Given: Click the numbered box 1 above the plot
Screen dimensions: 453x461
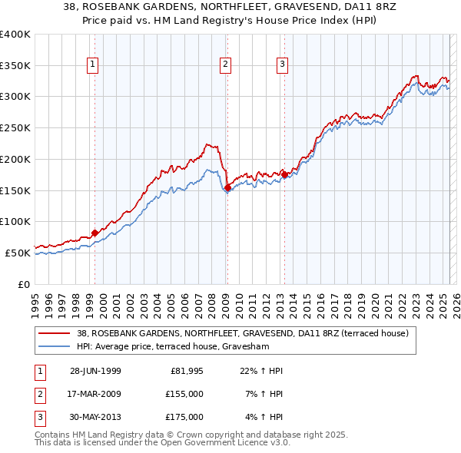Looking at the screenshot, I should (x=92, y=65).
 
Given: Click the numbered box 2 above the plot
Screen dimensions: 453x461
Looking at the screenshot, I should (x=226, y=65).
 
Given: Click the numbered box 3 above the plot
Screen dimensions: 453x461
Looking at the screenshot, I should (x=283, y=65).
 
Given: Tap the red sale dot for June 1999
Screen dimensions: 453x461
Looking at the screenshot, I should (x=95, y=233).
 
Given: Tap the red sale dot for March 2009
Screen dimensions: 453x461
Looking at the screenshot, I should (x=227, y=187).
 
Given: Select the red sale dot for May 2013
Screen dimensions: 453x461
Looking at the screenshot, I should (x=284, y=174).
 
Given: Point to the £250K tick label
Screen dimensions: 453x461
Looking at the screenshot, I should (x=15, y=127).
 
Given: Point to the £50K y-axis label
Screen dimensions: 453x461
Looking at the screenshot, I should (x=18, y=253).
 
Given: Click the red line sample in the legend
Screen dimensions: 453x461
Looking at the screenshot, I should (x=55, y=333).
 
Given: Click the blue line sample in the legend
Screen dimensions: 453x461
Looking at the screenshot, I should (x=55, y=346).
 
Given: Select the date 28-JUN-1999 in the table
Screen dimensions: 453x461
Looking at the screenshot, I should (x=95, y=372).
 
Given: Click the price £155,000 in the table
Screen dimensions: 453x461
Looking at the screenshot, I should (x=184, y=394).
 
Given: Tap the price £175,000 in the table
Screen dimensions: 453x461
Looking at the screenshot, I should (x=184, y=417).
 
